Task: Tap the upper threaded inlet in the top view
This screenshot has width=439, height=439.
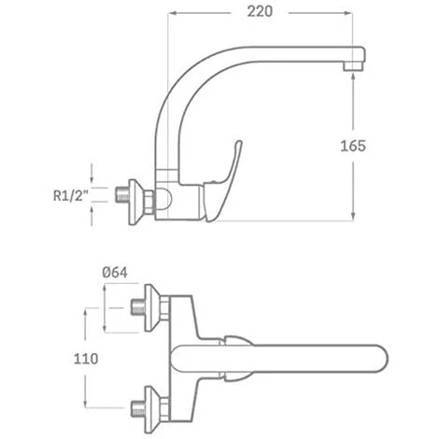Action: pos(141,304)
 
